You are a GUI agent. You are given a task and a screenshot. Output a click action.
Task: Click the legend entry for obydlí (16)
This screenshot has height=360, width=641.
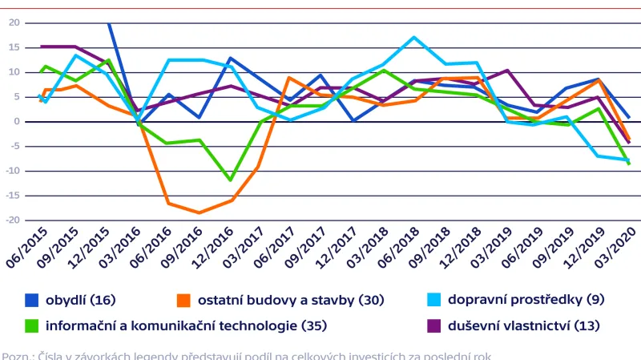(x=80, y=300)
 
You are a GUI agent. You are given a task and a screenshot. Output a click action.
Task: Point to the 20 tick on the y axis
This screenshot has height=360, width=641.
(x=14, y=22)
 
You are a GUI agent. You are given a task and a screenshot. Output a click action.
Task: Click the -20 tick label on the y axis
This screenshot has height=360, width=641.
(x=12, y=220)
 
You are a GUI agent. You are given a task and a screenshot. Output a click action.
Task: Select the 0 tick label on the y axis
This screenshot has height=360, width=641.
(x=16, y=122)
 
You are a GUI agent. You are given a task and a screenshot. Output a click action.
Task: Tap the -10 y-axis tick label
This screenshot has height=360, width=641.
(x=12, y=172)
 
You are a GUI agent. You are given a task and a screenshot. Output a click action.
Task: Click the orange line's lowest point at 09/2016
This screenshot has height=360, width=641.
(x=199, y=212)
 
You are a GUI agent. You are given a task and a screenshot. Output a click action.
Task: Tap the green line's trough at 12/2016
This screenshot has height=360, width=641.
(x=231, y=180)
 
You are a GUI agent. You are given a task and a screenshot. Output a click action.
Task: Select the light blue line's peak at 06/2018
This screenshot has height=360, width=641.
(x=413, y=37)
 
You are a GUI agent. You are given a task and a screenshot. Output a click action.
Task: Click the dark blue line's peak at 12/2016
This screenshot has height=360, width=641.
(x=230, y=58)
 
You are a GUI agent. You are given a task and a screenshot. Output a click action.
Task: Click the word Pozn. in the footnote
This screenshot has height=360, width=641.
(x=15, y=355)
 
